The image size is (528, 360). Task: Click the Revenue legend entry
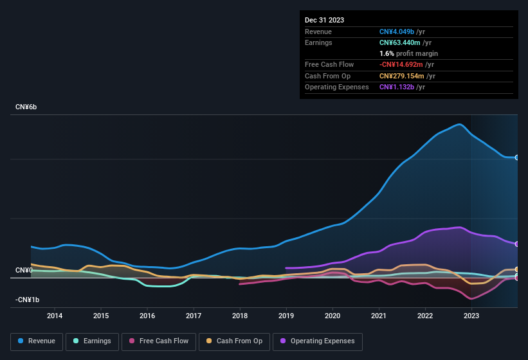coord(37,341)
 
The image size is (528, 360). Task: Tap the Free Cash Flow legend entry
coord(159,341)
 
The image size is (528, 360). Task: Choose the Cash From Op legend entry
coord(234,341)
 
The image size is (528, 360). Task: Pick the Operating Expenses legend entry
coord(318,341)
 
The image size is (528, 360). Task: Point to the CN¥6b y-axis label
coord(26,107)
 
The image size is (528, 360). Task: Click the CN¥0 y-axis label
coord(24,270)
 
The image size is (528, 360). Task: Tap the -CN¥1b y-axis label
coord(28,300)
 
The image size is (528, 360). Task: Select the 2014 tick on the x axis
coord(55,316)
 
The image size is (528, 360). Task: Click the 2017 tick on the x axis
coord(194,316)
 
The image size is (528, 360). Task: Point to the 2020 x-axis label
coord(332,316)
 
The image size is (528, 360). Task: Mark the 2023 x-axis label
coord(471,316)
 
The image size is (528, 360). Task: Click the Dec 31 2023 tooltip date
coord(324,20)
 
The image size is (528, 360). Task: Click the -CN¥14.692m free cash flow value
coord(401,64)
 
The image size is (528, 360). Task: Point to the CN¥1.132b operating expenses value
coord(397,87)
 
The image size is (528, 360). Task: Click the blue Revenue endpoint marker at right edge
coord(517,157)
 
